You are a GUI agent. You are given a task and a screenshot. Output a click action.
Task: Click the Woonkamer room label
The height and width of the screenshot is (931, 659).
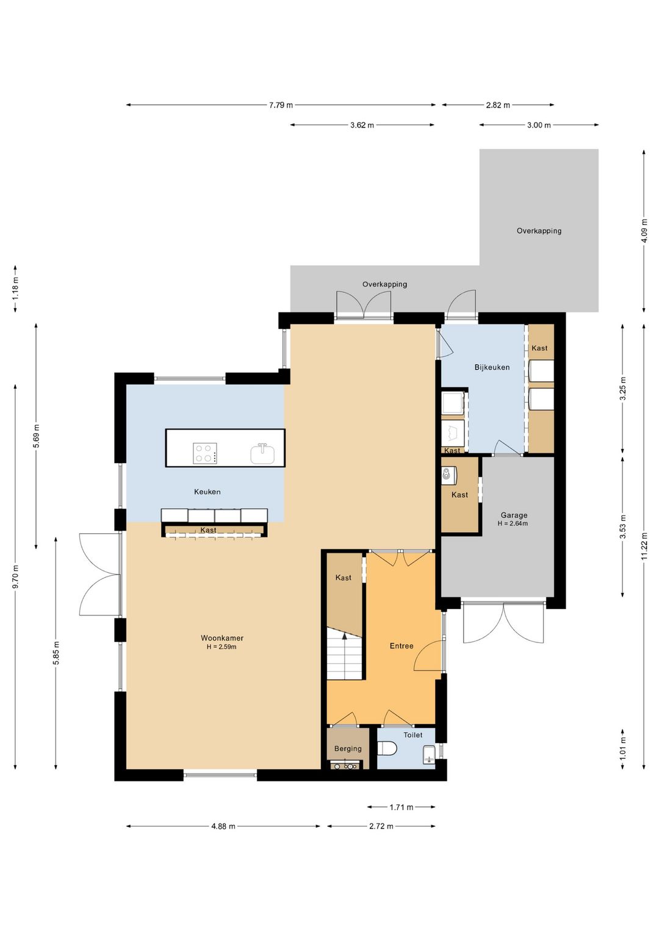point(222,638)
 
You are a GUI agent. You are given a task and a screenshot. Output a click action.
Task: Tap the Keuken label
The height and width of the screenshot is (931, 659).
point(207,492)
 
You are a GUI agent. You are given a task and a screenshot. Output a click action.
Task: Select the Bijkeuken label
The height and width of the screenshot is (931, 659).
point(492,367)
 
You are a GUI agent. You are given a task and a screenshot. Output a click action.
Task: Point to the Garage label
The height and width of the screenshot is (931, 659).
point(514,516)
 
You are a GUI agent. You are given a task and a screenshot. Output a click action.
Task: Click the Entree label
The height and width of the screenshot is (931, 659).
point(402,646)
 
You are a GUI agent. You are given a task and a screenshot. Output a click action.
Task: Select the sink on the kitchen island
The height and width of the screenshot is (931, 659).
point(262,453)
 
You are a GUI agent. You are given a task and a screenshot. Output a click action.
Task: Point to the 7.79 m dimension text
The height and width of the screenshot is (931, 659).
point(281,105)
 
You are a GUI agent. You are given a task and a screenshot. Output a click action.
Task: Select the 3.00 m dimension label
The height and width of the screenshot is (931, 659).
point(539,125)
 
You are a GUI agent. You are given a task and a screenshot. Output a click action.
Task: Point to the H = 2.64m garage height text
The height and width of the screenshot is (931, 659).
point(513,523)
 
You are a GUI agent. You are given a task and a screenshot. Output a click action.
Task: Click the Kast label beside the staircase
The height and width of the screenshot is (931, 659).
point(344,578)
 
